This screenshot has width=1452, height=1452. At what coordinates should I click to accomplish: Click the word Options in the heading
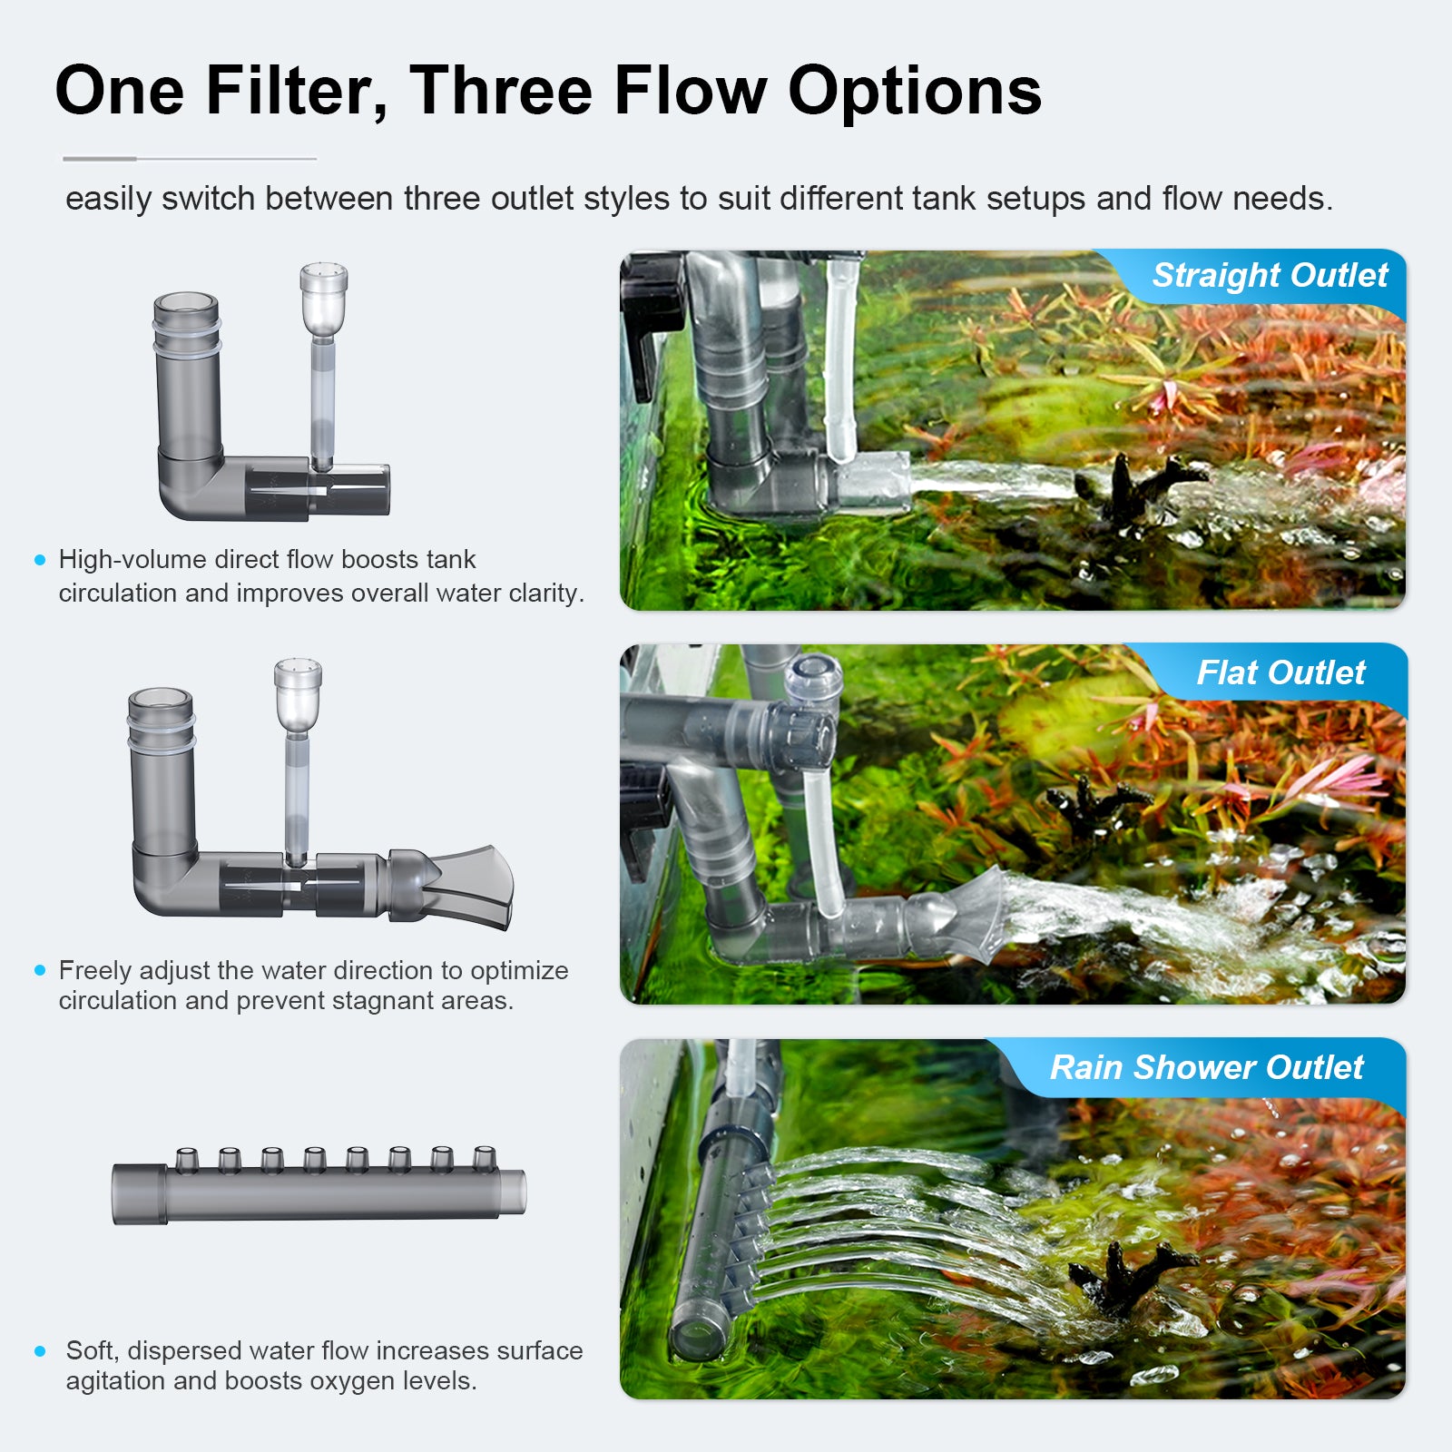[915, 93]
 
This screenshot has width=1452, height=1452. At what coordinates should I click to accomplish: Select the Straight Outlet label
[1270, 275]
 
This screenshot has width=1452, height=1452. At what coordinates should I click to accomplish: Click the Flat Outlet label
[1280, 672]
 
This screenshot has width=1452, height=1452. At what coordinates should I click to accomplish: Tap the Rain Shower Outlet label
[1207, 1067]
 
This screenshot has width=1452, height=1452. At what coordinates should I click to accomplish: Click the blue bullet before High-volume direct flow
[40, 560]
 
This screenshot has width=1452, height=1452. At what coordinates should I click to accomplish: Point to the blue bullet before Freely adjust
[40, 970]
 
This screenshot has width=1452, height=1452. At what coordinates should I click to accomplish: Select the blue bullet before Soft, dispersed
[40, 1351]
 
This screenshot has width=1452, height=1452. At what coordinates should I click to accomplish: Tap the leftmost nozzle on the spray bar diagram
[187, 1159]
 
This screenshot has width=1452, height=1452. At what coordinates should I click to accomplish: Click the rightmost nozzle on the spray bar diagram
[485, 1159]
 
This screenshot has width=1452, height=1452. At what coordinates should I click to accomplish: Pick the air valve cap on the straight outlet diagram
[324, 289]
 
